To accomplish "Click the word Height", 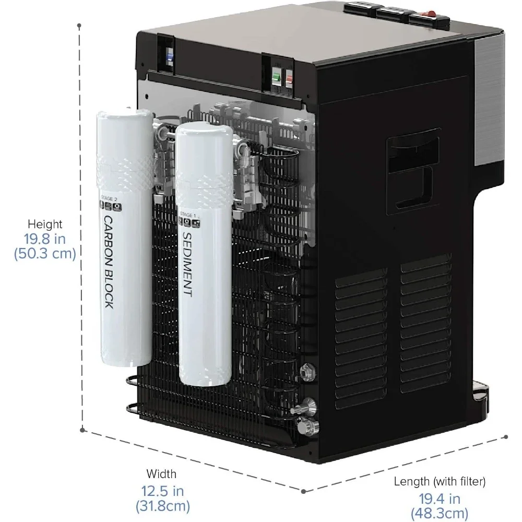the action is (x=45, y=224).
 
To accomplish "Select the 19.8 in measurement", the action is (x=45, y=239).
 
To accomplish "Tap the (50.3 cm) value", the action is (x=45, y=254).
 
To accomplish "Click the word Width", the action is (x=161, y=474).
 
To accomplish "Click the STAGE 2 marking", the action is (x=106, y=199).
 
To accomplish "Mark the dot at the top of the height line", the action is (x=79, y=25).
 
